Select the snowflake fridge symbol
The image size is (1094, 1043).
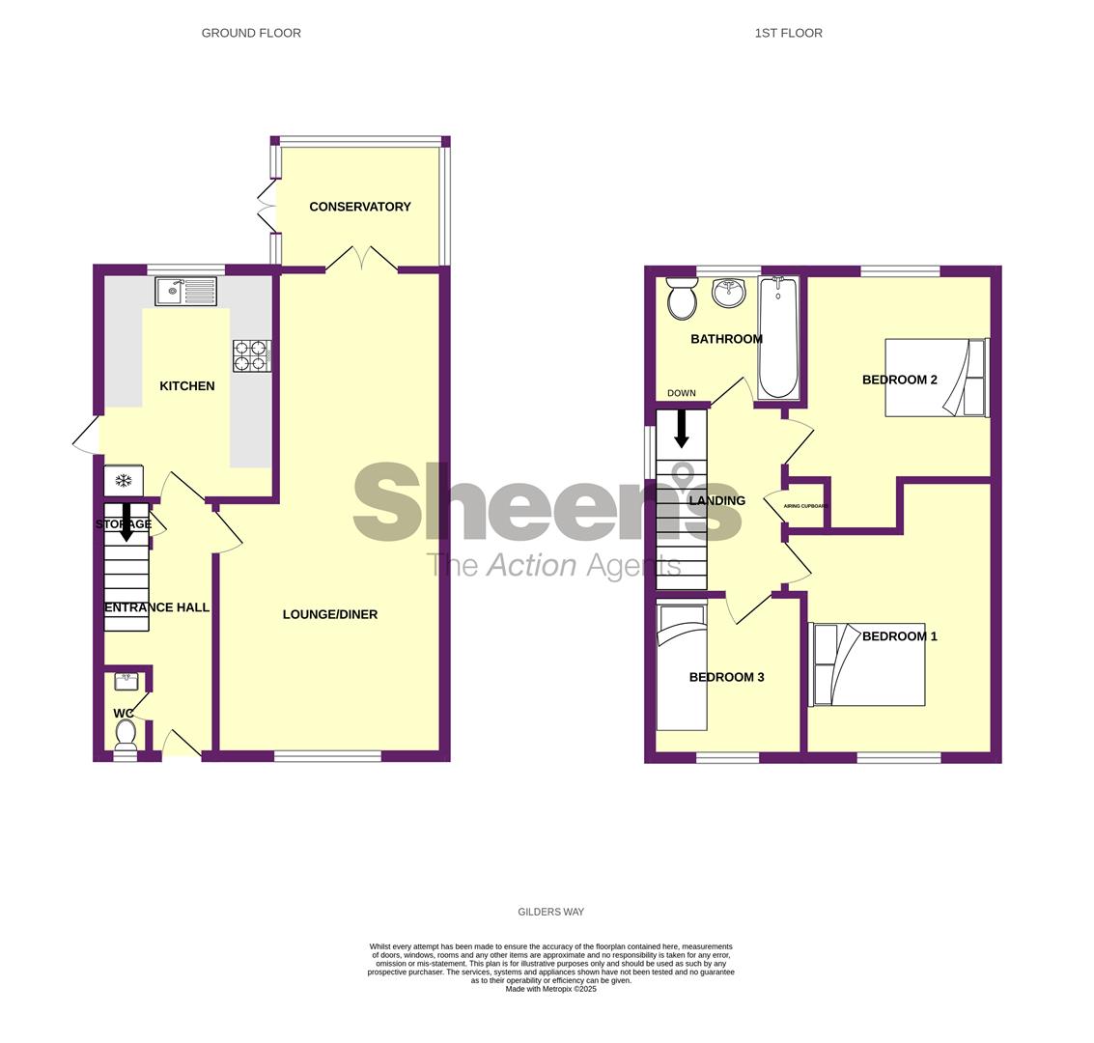point(125,481)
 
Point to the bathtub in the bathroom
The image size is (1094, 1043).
point(778,338)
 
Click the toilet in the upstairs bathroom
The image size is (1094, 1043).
point(682,297)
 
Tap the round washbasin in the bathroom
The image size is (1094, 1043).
point(730,292)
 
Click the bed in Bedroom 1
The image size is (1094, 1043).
point(867,664)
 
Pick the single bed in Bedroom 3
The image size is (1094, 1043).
point(682,667)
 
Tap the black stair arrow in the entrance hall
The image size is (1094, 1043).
point(126,522)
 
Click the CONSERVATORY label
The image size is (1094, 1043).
point(360,207)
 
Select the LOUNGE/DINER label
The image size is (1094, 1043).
point(330,614)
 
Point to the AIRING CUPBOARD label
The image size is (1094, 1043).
point(805,506)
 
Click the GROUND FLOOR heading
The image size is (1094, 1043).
point(251,33)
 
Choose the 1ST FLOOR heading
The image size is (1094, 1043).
point(789,33)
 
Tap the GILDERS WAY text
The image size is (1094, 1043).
point(551,912)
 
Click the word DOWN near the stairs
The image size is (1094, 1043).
point(682,393)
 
